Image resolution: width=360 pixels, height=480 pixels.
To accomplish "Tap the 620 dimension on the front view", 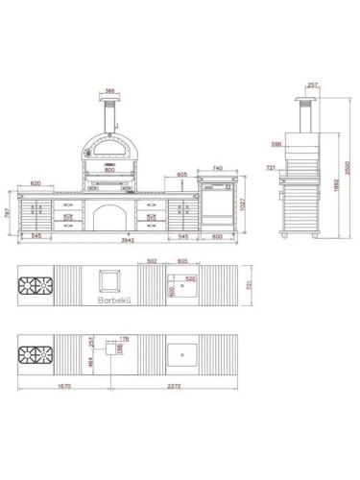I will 36,182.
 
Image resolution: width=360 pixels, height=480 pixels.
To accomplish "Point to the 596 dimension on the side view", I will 276,145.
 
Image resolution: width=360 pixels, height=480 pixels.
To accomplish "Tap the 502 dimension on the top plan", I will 151,260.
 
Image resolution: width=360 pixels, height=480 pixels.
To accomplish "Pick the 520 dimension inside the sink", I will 191,279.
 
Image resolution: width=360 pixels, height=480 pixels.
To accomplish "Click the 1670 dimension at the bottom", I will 38,387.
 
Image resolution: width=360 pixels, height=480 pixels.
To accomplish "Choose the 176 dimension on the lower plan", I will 123,338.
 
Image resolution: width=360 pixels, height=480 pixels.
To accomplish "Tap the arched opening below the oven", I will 111,217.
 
